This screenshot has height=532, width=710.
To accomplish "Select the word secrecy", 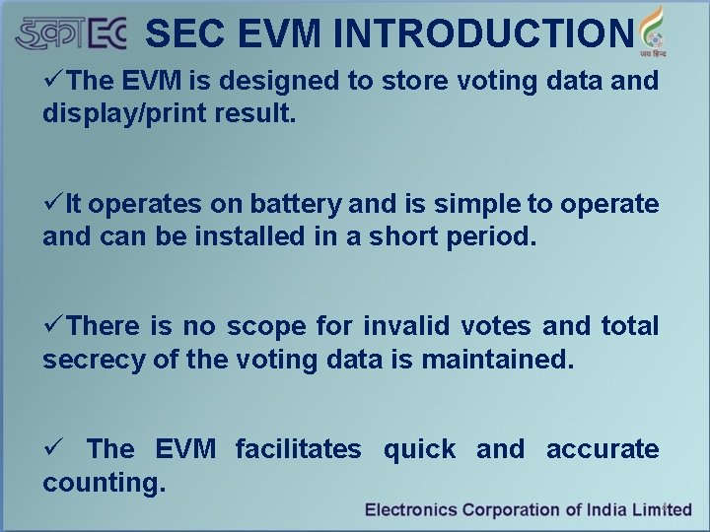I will [x=94, y=359].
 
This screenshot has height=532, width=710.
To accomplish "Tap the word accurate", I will [x=602, y=449].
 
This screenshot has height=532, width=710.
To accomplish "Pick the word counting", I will [x=104, y=483].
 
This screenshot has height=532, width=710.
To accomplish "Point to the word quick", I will [x=418, y=449].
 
